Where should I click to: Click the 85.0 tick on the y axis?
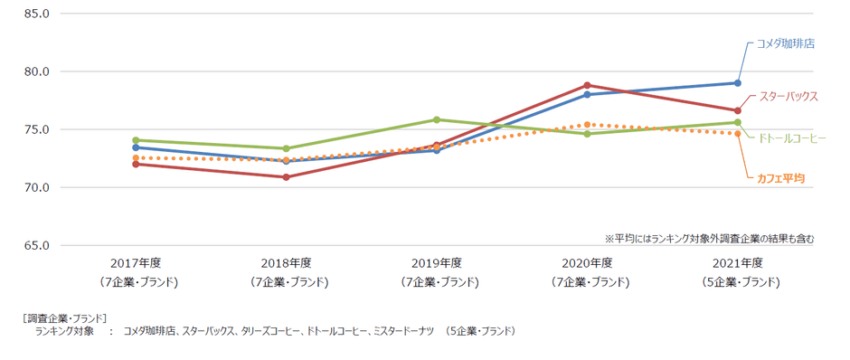tap(36, 14)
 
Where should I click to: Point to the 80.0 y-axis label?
tap(36, 71)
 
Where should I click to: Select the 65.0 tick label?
tap(36, 246)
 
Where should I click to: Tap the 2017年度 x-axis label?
tap(136, 263)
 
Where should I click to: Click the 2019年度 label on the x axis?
tap(437, 263)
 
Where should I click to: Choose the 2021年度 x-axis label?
tap(738, 263)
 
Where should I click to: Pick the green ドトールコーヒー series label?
tap(791, 137)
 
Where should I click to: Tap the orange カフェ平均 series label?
tap(781, 177)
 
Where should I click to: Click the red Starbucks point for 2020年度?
tap(587, 85)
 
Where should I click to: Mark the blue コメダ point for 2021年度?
tap(738, 83)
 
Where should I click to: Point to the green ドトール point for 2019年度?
tap(437, 119)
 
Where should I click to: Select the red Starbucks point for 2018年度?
tap(286, 177)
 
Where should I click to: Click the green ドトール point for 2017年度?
tap(136, 140)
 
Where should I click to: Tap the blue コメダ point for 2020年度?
tap(587, 94)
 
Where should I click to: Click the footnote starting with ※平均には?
tap(709, 239)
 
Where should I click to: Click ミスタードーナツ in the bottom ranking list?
tap(403, 332)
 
